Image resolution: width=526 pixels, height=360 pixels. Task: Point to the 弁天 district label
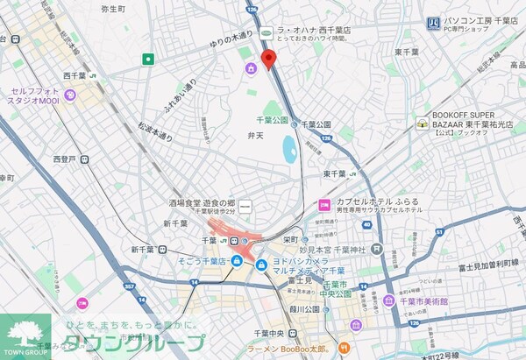coord(255,136)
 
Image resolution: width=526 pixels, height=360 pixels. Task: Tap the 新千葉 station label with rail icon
coord(143,249)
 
